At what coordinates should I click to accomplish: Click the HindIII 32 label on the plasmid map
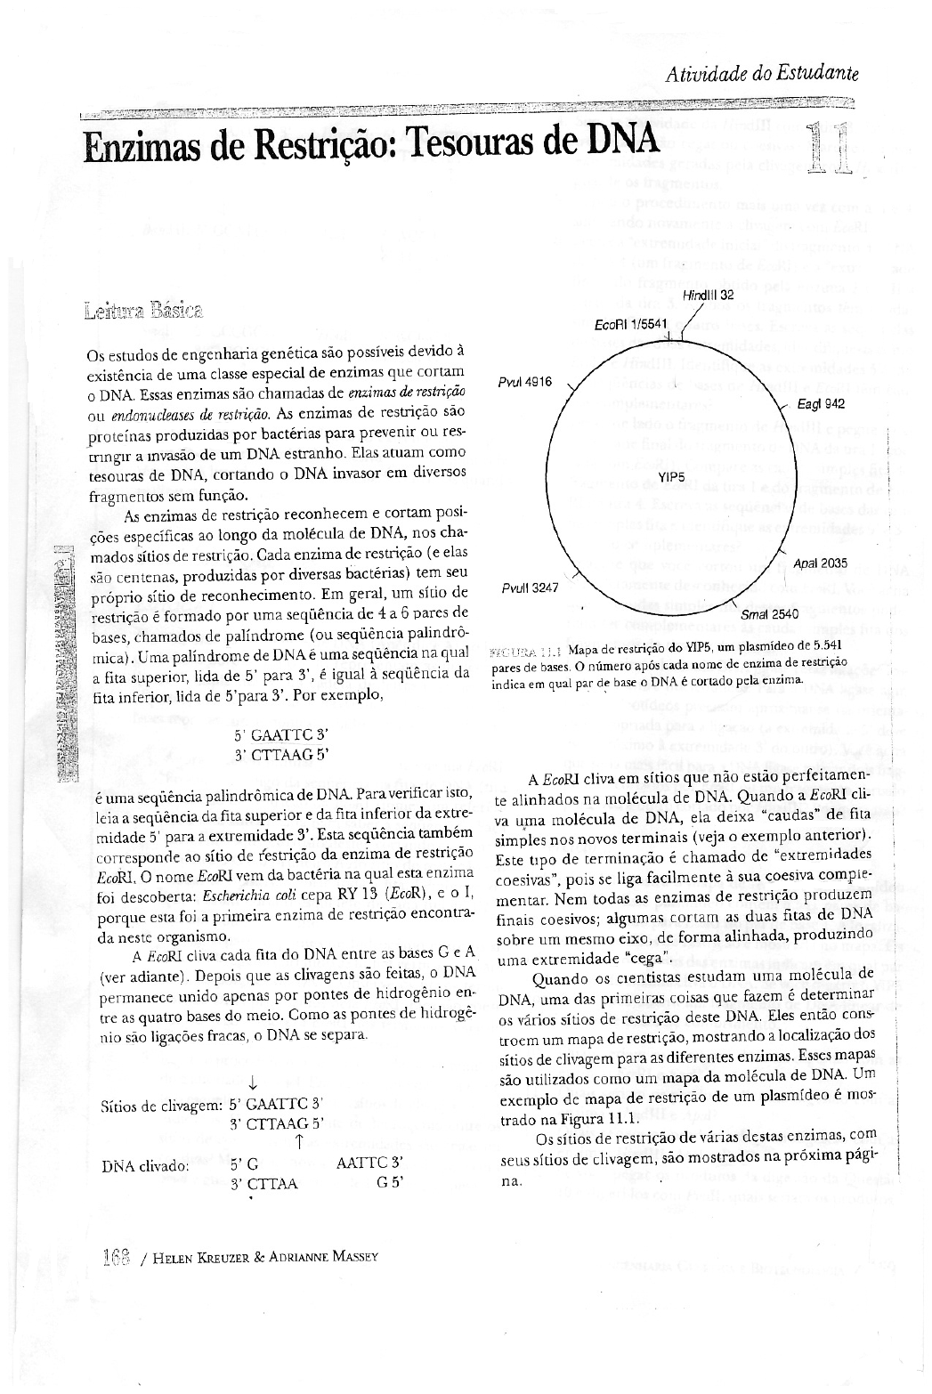708,295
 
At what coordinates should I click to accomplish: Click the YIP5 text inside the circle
670,478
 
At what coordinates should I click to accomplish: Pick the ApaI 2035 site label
820,563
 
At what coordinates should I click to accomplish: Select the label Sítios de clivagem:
161,1106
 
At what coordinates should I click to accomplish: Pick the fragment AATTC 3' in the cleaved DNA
371,1163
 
